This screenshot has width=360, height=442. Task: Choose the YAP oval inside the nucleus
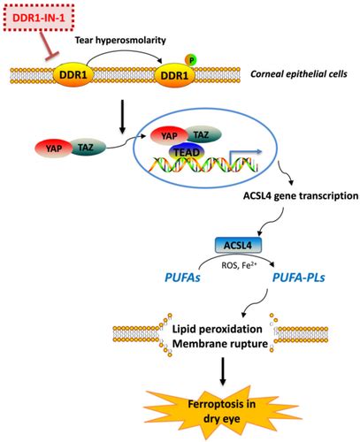point(169,134)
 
